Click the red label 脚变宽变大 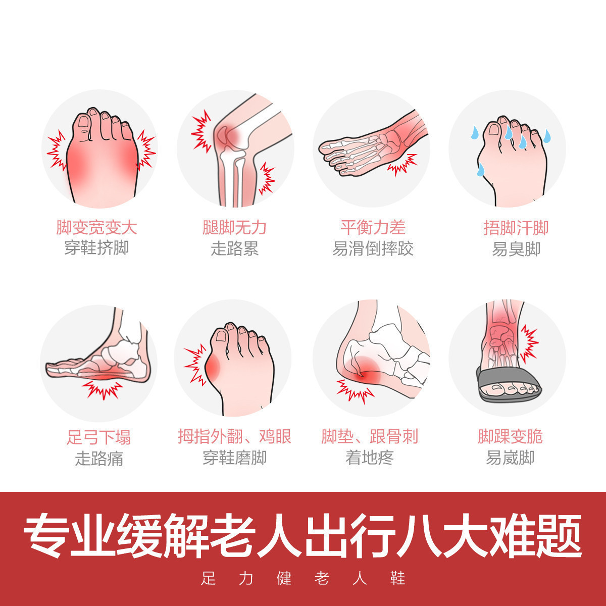(x=96, y=228)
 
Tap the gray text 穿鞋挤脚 (x=96, y=248)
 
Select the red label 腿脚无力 (x=234, y=228)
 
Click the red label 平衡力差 (x=373, y=227)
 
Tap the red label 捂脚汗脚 (x=516, y=228)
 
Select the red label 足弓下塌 (x=98, y=437)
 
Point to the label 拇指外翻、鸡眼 (x=234, y=436)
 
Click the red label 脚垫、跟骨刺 (x=370, y=436)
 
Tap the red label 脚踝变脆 (x=510, y=436)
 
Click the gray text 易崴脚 (x=510, y=458)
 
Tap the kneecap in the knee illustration (x=224, y=134)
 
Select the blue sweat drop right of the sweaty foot (x=547, y=135)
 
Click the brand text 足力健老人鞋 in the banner (x=303, y=578)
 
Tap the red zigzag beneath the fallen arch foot (x=102, y=390)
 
